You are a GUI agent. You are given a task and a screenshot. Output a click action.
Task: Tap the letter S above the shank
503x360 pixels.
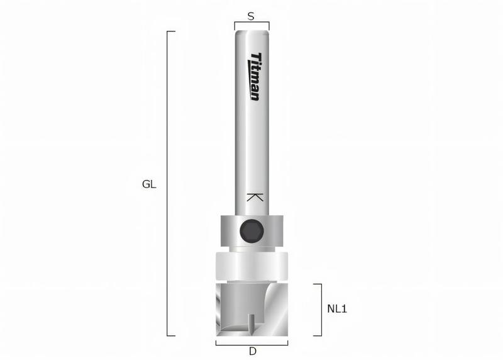(251, 17)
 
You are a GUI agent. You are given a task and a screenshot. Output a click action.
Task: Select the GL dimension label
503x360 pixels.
(149, 184)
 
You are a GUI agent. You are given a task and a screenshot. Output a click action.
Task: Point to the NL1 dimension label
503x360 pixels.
(338, 309)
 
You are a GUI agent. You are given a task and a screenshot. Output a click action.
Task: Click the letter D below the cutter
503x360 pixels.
(251, 351)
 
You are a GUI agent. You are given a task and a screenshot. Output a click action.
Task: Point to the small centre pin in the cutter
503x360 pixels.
(252, 324)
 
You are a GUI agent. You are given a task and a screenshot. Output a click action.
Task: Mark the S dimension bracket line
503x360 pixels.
(251, 23)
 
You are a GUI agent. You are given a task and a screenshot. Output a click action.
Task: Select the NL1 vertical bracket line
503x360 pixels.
(321, 310)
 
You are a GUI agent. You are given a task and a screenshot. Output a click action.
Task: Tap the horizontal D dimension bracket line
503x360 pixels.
(251, 344)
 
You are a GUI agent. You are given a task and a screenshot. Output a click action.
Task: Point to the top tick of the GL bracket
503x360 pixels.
(171, 31)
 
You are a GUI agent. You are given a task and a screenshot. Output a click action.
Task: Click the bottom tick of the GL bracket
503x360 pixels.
(171, 336)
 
